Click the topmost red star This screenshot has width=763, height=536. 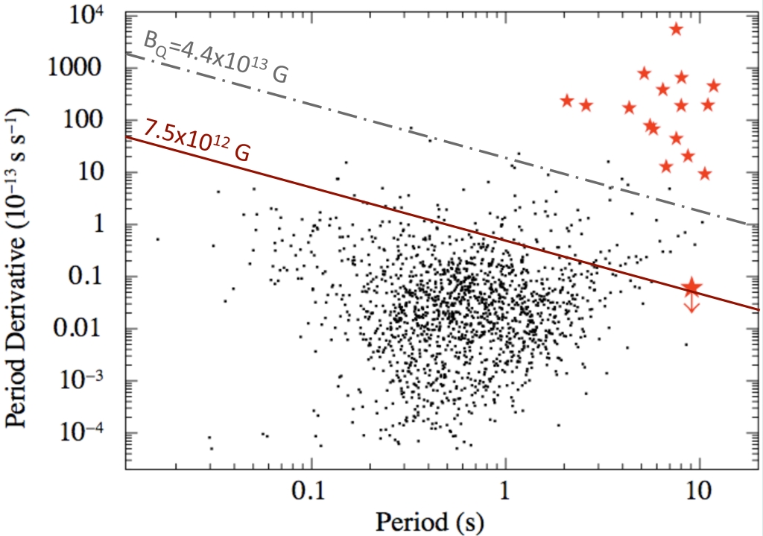coord(676,29)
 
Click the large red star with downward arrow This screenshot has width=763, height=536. coord(692,286)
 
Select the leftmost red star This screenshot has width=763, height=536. coord(567,101)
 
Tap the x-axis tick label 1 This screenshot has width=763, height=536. coord(505,494)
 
